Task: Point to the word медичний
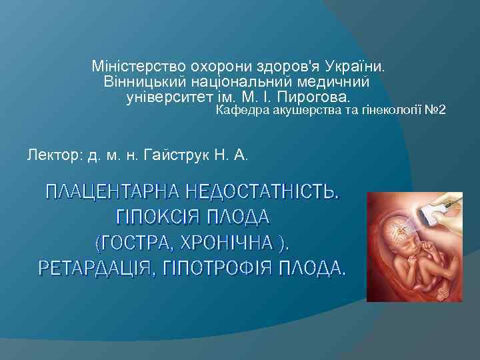(x=338, y=83)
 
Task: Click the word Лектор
(x=51, y=156)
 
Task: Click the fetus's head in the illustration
(x=403, y=233)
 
